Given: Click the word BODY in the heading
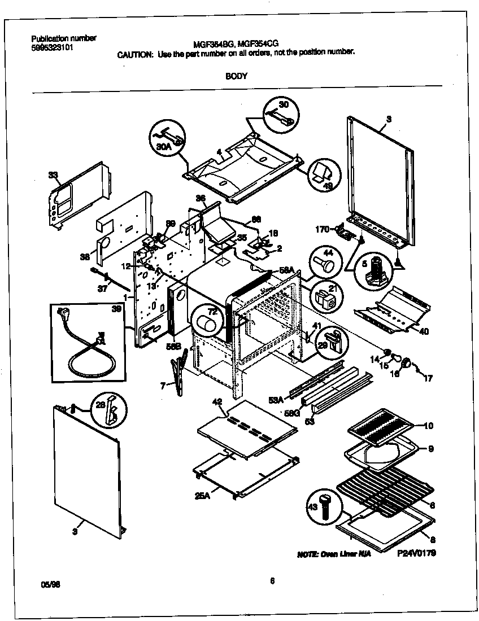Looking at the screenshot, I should point(236,77).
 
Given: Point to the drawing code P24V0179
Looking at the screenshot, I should point(417,553).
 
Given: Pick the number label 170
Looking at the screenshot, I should point(323,229).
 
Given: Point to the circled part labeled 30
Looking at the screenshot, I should point(281,113).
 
